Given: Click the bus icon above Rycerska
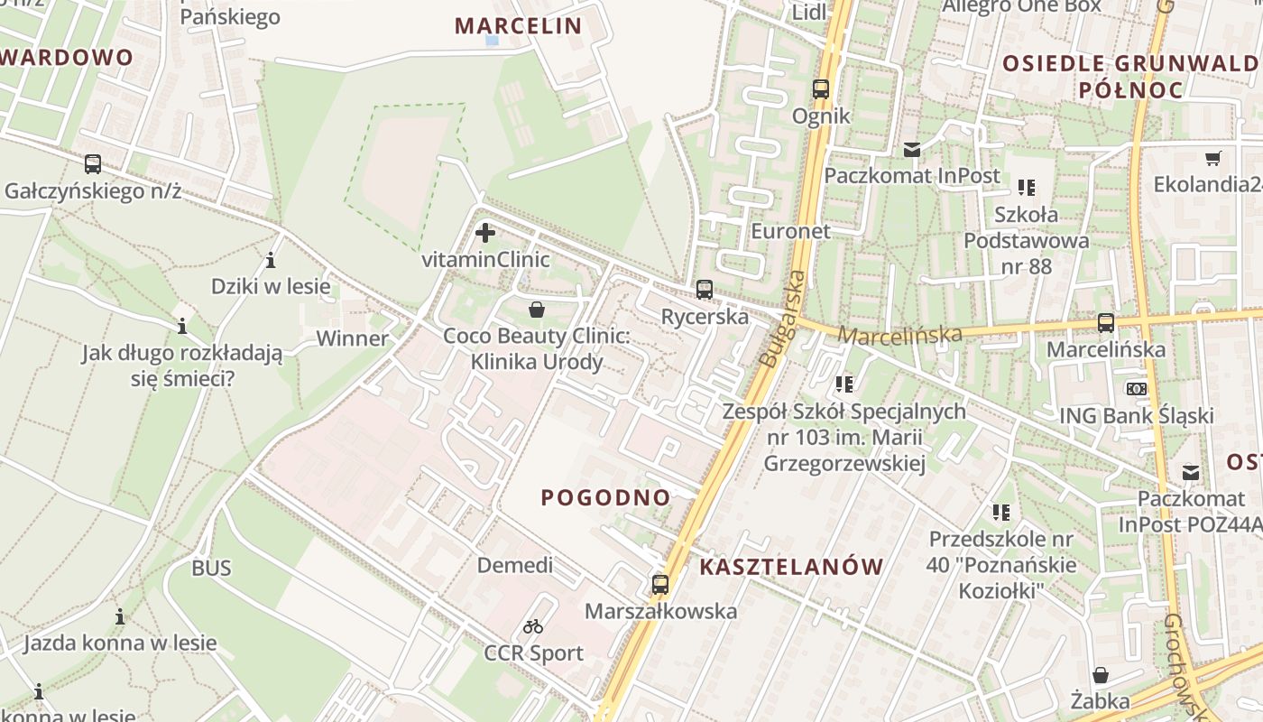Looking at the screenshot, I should pyautogui.click(x=704, y=290).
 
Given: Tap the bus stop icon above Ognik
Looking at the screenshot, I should pyautogui.click(x=820, y=89).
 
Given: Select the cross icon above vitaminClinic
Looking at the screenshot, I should pyautogui.click(x=485, y=233).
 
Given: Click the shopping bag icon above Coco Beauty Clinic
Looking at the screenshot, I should pyautogui.click(x=537, y=310).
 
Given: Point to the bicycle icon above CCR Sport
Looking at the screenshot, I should pyautogui.click(x=533, y=625).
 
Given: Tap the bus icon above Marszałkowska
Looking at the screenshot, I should pyautogui.click(x=660, y=584).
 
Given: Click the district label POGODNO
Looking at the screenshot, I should pyautogui.click(x=606, y=497).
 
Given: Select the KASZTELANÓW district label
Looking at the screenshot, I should pyautogui.click(x=791, y=567).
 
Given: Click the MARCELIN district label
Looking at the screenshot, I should pyautogui.click(x=519, y=25).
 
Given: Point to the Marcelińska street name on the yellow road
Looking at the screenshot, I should pyautogui.click(x=899, y=335).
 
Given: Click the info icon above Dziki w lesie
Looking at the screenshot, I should pyautogui.click(x=271, y=261).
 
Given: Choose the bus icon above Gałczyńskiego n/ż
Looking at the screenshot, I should pyautogui.click(x=93, y=164).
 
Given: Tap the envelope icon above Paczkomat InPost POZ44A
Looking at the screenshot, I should pyautogui.click(x=1191, y=472).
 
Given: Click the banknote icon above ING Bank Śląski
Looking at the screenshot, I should pyautogui.click(x=1136, y=388).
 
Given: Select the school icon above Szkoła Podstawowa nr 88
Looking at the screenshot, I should pyautogui.click(x=1026, y=188).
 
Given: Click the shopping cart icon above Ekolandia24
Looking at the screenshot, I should pyautogui.click(x=1213, y=158).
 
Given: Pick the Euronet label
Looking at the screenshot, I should pyautogui.click(x=790, y=230).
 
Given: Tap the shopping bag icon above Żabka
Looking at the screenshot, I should pyautogui.click(x=1100, y=675).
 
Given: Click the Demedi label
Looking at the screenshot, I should pyautogui.click(x=514, y=565).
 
